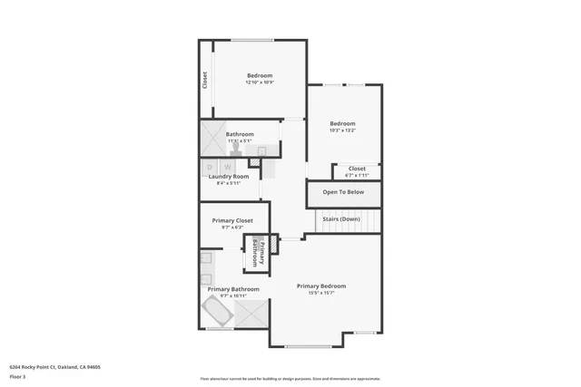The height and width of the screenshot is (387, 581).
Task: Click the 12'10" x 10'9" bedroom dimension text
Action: pos(259,82)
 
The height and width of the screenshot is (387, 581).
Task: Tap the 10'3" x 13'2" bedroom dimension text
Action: pos(342,131)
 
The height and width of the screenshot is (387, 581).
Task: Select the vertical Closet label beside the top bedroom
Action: pos(205,81)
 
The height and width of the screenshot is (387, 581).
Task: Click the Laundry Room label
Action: pos(228,176)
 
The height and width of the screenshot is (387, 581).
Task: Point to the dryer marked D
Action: pos(211,167)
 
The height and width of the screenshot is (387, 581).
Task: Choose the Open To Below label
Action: pos(343,192)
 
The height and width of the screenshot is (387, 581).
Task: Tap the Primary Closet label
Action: pos(232,220)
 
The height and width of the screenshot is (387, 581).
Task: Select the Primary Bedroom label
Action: pos(321,285)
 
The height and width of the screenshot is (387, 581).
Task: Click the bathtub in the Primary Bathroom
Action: pos(216,313)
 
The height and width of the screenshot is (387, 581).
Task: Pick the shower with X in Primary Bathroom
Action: pos(251,313)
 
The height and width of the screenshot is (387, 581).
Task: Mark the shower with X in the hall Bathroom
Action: pos(213,140)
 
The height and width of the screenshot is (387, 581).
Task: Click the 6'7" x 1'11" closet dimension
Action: pos(357,174)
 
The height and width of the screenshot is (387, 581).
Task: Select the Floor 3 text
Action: pos(17,376)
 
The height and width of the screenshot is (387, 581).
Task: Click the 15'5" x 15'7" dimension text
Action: pos(321,293)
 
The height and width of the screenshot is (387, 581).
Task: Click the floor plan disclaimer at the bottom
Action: pos(290,379)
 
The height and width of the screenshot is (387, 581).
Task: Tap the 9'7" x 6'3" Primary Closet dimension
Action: pos(232,227)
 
